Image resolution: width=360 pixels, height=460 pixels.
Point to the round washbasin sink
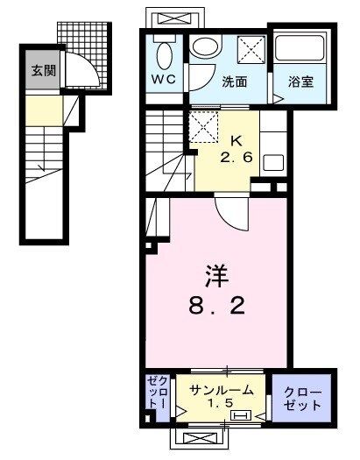click(205, 49)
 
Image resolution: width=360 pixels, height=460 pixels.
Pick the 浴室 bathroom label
click(302, 83)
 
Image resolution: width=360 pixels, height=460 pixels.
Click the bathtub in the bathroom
click(300, 49)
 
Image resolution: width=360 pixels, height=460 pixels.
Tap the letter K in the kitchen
click(236, 140)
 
